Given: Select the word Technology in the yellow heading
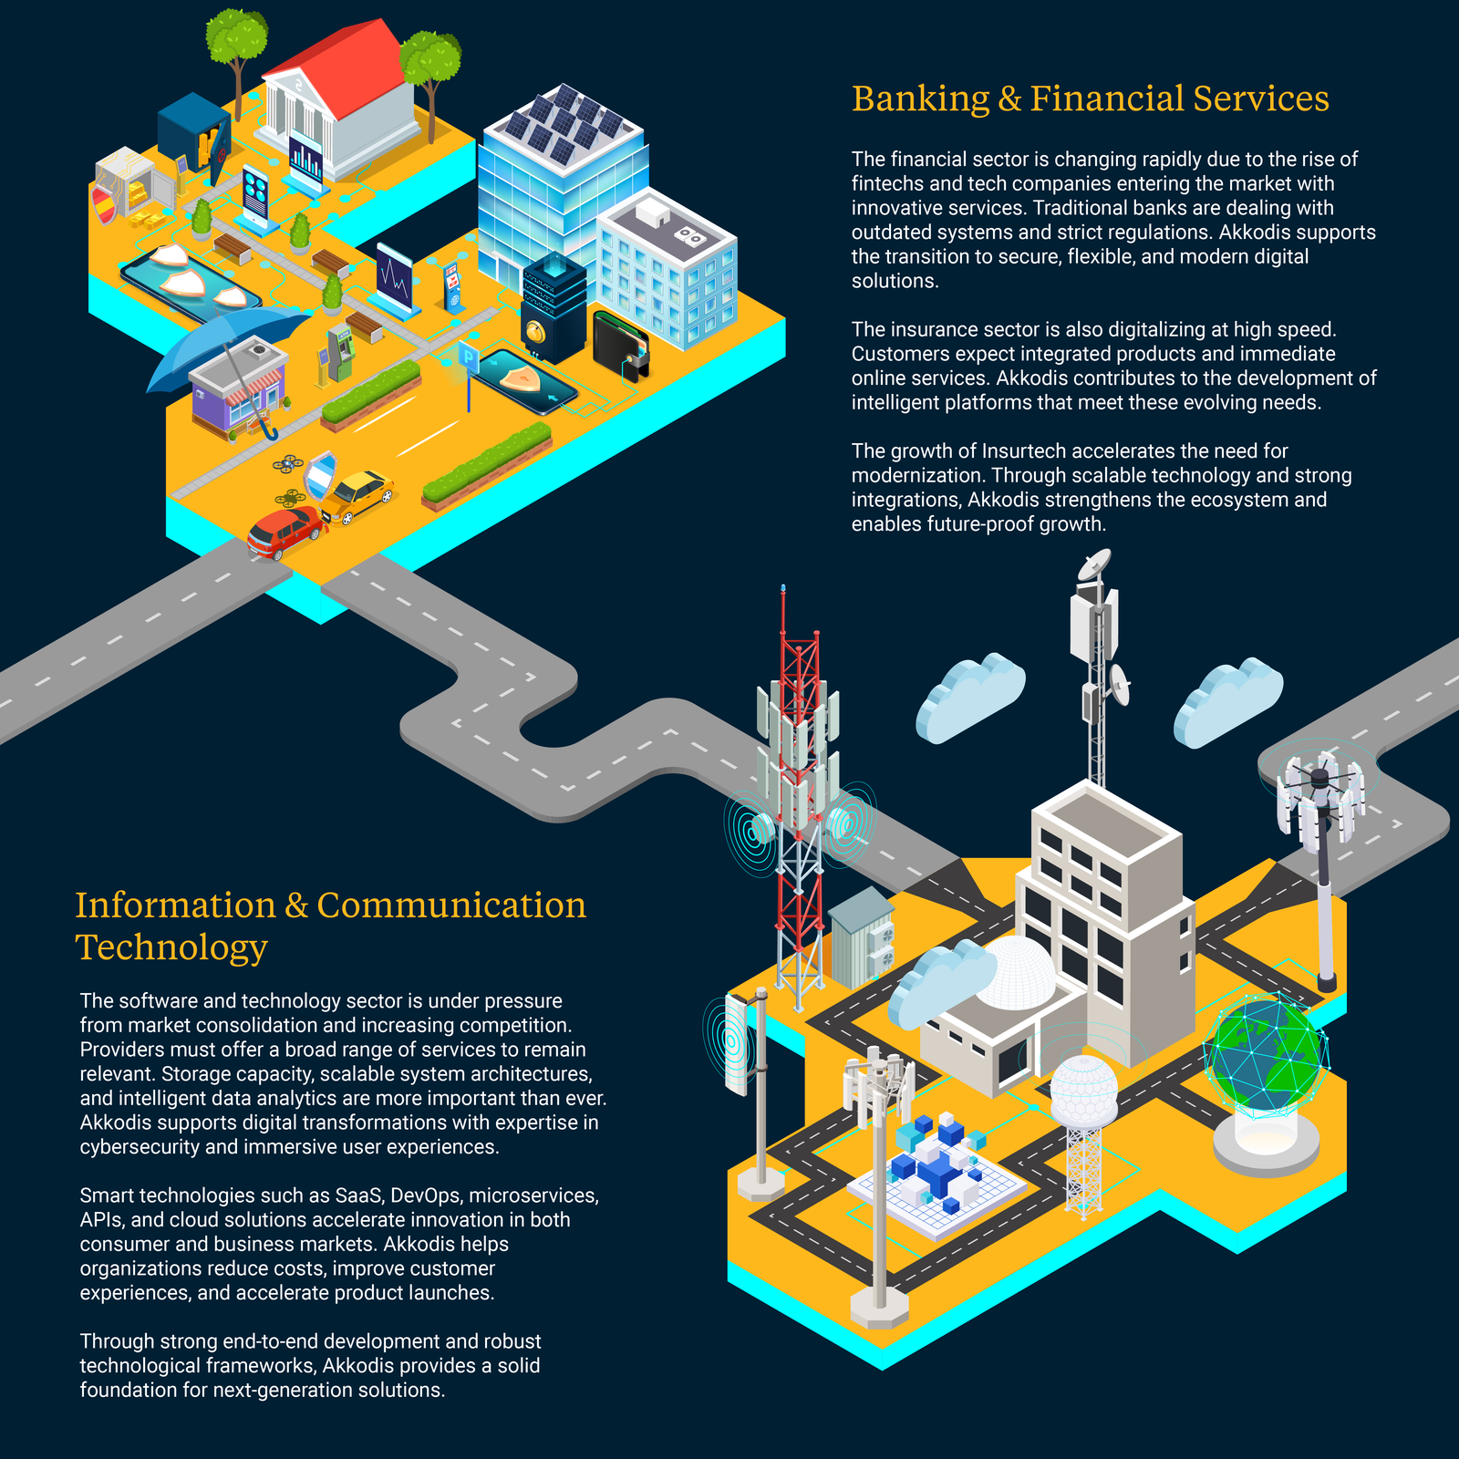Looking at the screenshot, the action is (171, 947).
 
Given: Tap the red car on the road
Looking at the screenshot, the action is (285, 532).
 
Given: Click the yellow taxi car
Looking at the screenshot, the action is (358, 495).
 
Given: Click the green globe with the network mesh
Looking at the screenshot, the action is (1266, 1058).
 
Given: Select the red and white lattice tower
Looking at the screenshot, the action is (800, 802).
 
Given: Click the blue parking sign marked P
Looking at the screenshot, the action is (469, 357).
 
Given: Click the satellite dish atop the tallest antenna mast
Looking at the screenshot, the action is (1094, 564).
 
